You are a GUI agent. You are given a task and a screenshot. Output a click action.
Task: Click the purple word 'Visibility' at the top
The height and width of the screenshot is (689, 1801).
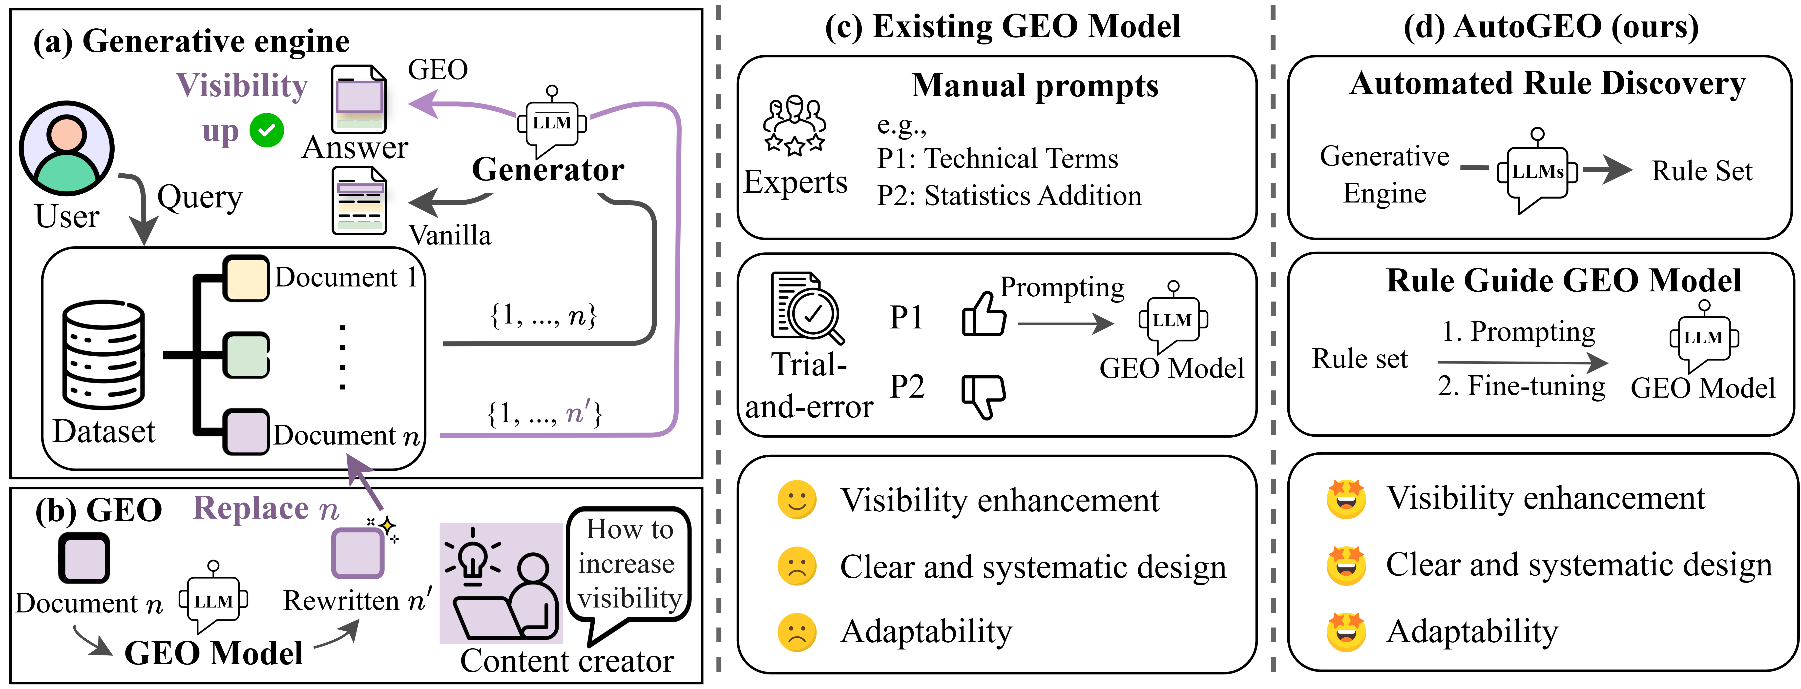(242, 86)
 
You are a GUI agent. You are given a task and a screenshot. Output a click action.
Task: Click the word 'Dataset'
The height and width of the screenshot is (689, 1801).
(104, 431)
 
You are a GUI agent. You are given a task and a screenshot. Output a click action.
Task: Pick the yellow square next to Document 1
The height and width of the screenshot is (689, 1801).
(245, 278)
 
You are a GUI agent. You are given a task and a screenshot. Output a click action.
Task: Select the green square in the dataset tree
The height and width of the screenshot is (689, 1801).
(245, 355)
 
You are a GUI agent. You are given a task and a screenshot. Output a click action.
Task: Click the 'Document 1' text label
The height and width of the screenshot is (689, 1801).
(345, 277)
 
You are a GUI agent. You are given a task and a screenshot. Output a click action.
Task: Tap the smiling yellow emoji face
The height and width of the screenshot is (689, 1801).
(796, 500)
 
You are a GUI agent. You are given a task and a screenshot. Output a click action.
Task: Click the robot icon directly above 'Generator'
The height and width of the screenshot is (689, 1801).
(552, 120)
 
